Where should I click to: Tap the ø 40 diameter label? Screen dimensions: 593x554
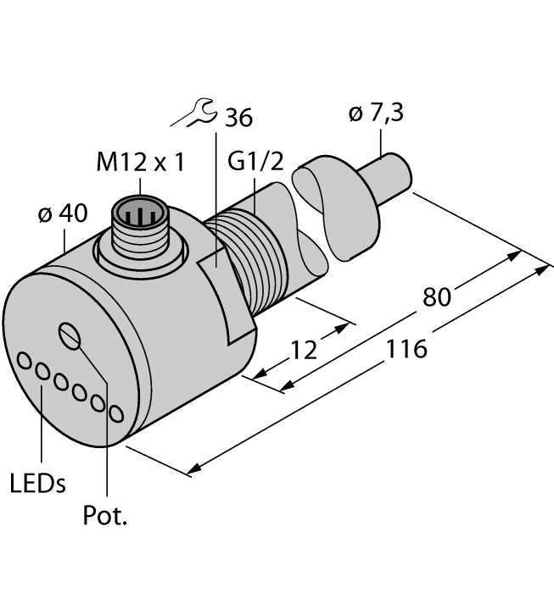point(62,214)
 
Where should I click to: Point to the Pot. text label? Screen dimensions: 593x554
point(106,516)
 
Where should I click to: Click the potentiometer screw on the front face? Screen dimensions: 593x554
point(69,335)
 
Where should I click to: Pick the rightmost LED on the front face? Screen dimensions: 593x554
point(117,413)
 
